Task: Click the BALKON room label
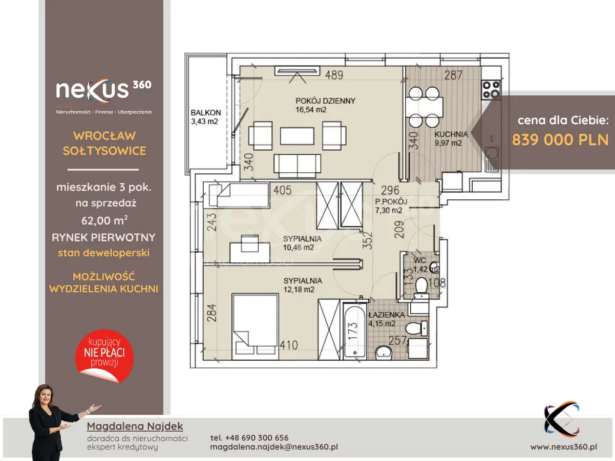(x=206, y=112)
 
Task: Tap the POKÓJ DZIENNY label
(x=326, y=101)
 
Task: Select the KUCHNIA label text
(x=451, y=134)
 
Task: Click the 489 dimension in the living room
(x=334, y=74)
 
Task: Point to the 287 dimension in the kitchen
(x=453, y=74)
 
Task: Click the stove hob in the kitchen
(x=491, y=89)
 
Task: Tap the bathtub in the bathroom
(x=354, y=331)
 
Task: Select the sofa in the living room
(x=297, y=166)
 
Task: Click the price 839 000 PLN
(x=560, y=139)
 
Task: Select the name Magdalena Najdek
(x=135, y=426)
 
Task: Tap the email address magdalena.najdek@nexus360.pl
(x=274, y=447)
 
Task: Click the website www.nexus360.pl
(x=563, y=447)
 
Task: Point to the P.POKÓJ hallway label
(x=391, y=202)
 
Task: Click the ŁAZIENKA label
(x=386, y=315)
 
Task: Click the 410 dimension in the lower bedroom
(x=289, y=345)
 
